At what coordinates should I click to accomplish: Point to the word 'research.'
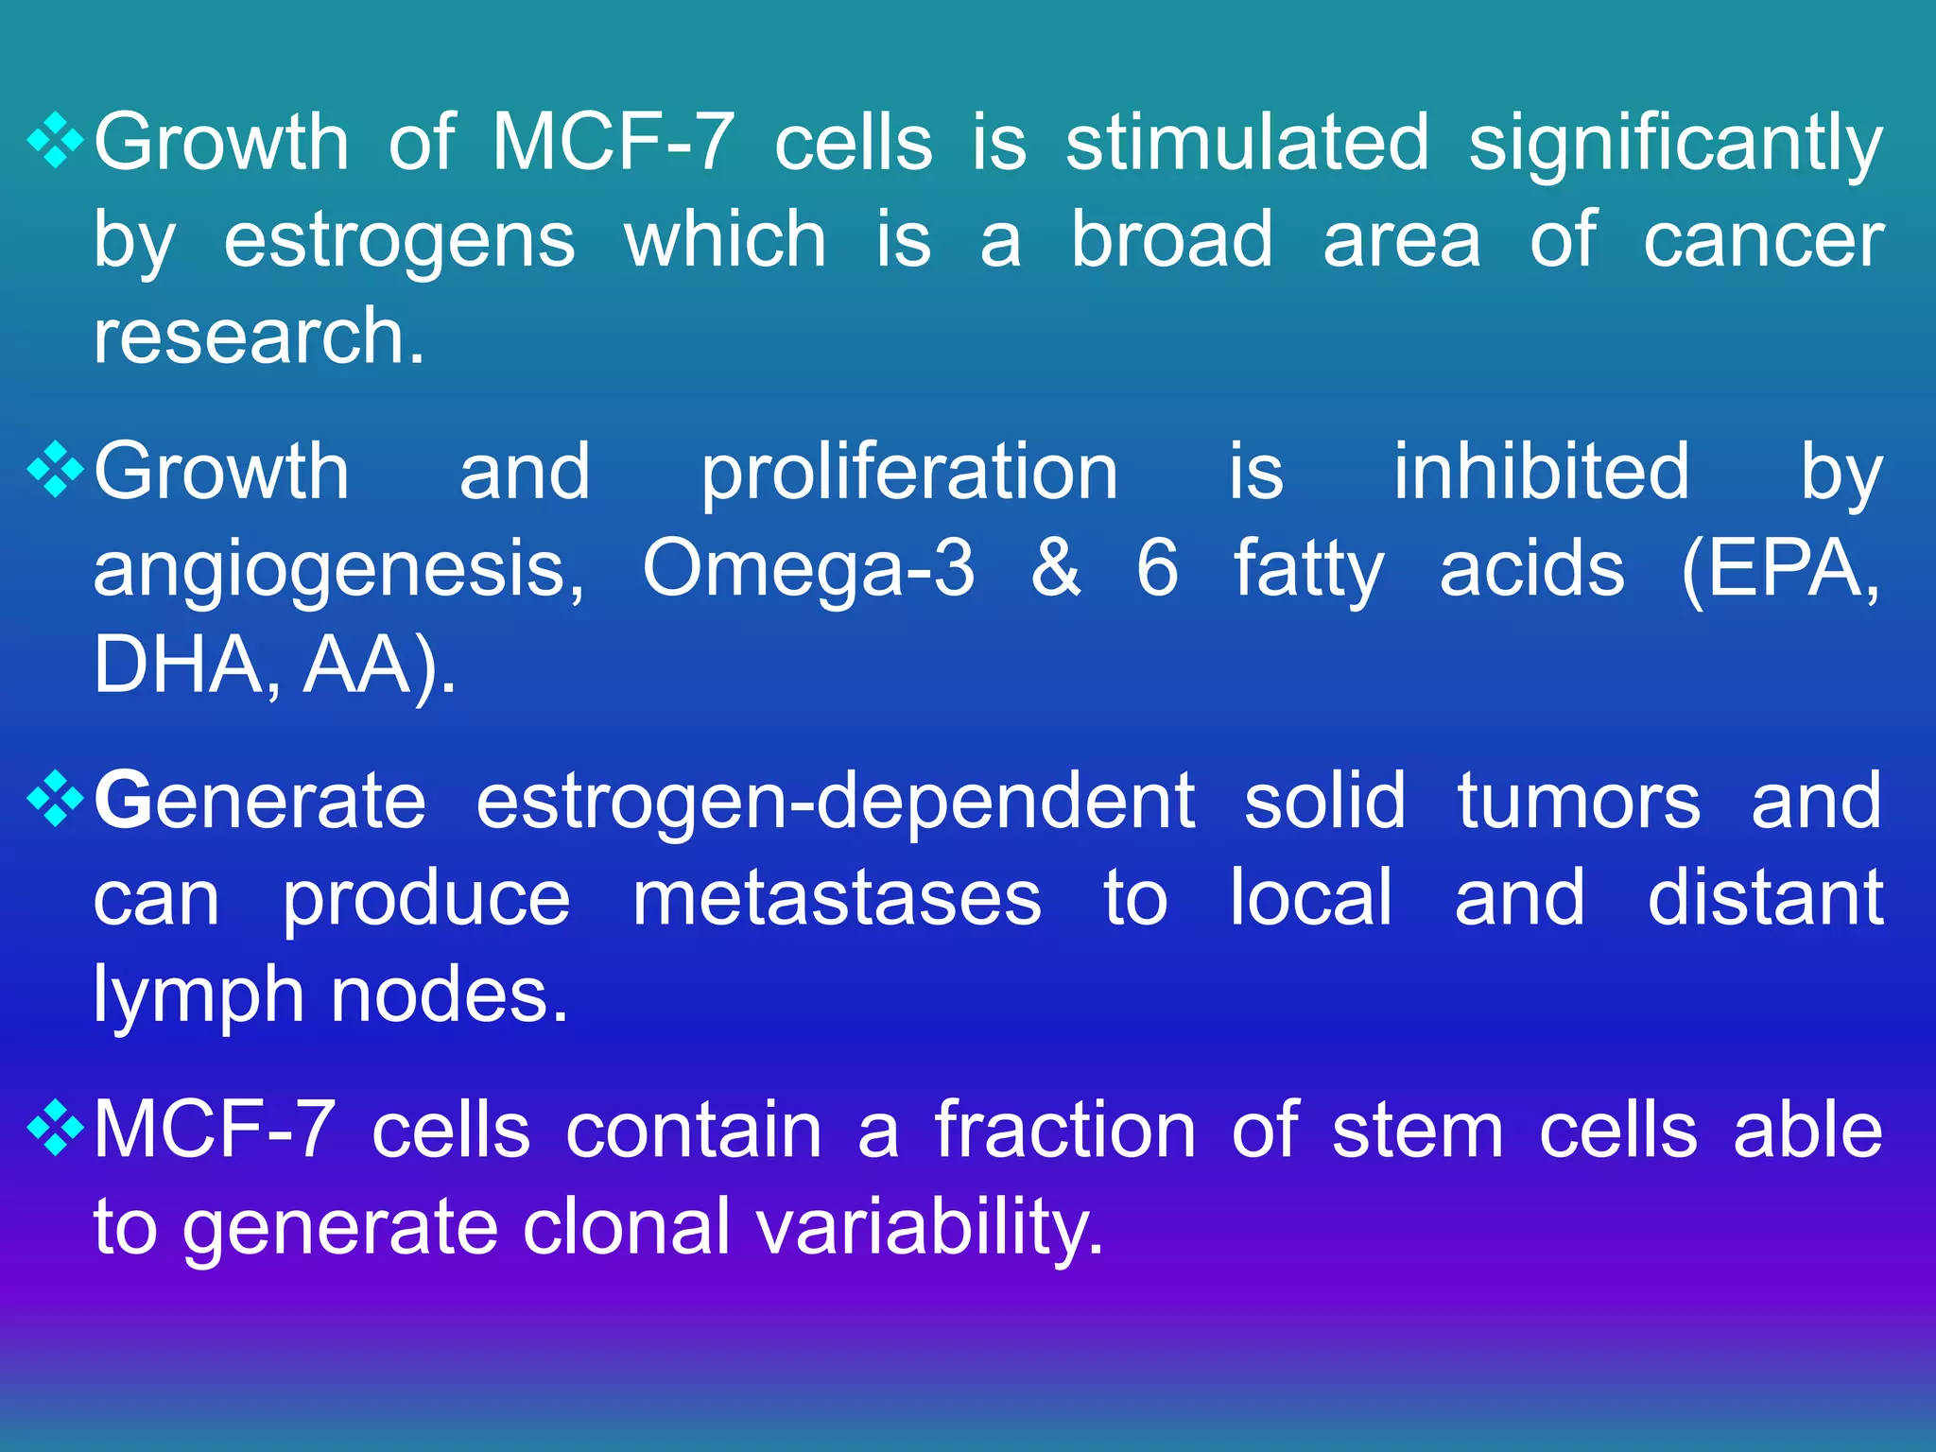[259, 337]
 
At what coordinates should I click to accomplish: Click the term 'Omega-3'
[808, 570]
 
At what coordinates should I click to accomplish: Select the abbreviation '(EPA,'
[1781, 570]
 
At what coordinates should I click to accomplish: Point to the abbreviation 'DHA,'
[186, 665]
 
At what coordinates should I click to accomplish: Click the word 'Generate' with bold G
[260, 802]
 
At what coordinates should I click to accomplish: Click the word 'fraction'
[1065, 1131]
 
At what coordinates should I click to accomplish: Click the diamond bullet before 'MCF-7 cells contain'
[55, 1128]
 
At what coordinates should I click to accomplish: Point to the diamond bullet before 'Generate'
[55, 799]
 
